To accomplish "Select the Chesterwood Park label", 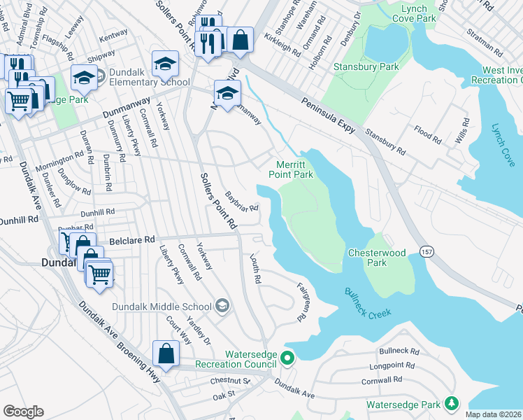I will click(376, 258).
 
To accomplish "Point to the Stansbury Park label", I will click(366, 67).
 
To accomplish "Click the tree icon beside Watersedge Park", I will click(452, 403).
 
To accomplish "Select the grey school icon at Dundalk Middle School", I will click(222, 304).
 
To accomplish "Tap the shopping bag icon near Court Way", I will click(166, 353).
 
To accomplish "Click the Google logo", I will click(22, 412).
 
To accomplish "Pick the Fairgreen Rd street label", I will click(303, 302).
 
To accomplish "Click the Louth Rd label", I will click(255, 269).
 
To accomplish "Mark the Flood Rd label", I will click(427, 134).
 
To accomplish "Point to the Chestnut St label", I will click(229, 381).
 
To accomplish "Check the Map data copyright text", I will click(494, 414).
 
